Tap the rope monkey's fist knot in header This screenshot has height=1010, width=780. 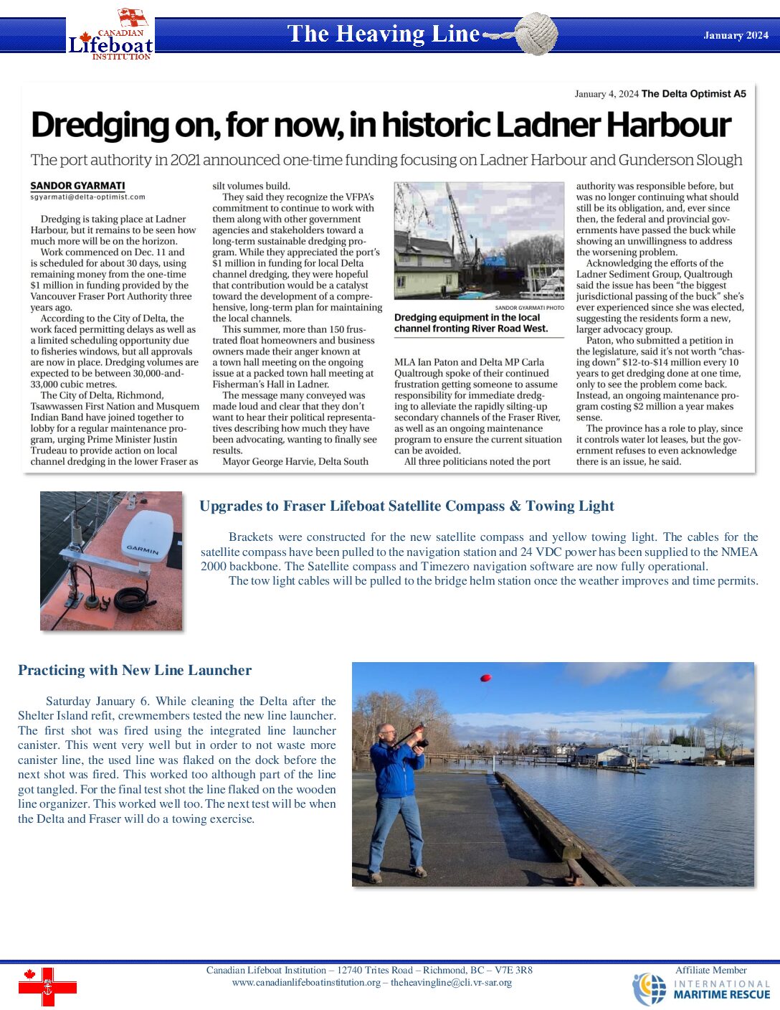coord(536,34)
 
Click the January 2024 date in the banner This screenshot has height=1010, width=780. coord(736,35)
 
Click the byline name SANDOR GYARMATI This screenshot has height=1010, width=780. coord(77,186)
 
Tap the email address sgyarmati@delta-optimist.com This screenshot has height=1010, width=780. coord(87,197)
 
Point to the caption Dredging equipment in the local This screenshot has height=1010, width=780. coord(467,318)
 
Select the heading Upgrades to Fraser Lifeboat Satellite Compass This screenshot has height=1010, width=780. coord(406,506)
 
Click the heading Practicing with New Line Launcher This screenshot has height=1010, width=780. coord(135,670)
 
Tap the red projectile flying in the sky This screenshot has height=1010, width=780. coord(485,677)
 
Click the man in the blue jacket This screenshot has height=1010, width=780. coord(396,796)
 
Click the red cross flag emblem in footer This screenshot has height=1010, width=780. coord(47,986)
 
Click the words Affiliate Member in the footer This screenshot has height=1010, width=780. coord(710,970)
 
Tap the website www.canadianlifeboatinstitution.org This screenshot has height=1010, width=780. coord(306,983)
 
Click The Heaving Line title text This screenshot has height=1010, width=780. coord(383,34)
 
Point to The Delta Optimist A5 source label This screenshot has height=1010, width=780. coord(693,94)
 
